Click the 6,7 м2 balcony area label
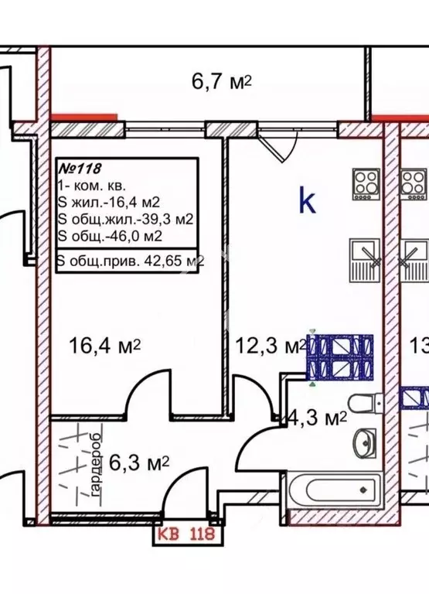222,82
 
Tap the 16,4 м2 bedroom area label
105,346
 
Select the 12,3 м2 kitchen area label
271,346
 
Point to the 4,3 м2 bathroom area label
317,419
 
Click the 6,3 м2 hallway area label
139,463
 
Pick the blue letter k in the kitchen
307,201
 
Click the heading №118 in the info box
80,168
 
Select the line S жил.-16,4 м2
109,203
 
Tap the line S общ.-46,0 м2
111,236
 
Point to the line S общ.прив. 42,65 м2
131,261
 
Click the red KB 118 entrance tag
186,534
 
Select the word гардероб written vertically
97,465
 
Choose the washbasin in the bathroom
365,442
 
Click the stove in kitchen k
366,185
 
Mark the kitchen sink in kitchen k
365,260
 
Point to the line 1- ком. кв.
92,186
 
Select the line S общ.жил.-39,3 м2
126,219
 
